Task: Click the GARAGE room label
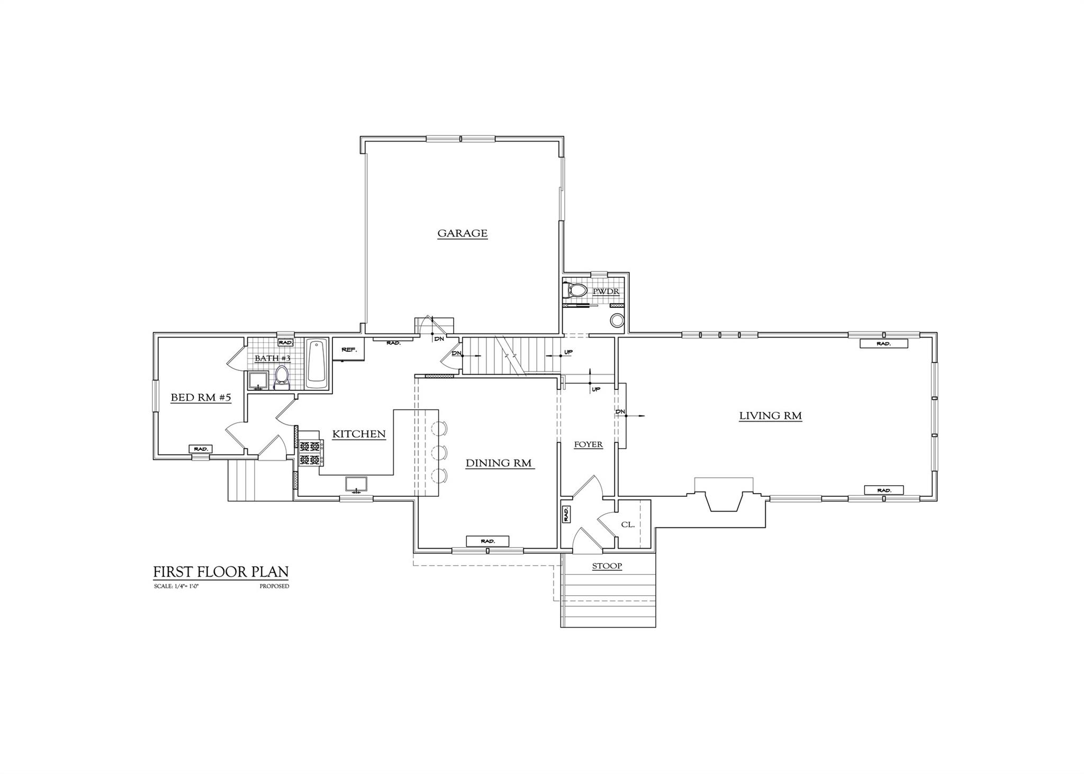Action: point(462,233)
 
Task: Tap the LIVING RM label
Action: point(770,416)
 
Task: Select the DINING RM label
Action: point(499,463)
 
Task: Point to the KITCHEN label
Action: point(359,434)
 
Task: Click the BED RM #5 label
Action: point(201,397)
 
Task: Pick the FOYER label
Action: point(589,444)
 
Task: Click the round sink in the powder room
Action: point(617,321)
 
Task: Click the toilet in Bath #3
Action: point(281,377)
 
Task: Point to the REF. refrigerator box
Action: point(348,350)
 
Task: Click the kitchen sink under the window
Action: point(356,484)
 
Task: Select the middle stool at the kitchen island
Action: point(439,452)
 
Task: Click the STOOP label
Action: point(607,566)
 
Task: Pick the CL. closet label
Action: point(628,525)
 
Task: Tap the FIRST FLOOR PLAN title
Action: point(221,572)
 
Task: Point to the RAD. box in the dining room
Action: point(487,541)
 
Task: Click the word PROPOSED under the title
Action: point(274,586)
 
